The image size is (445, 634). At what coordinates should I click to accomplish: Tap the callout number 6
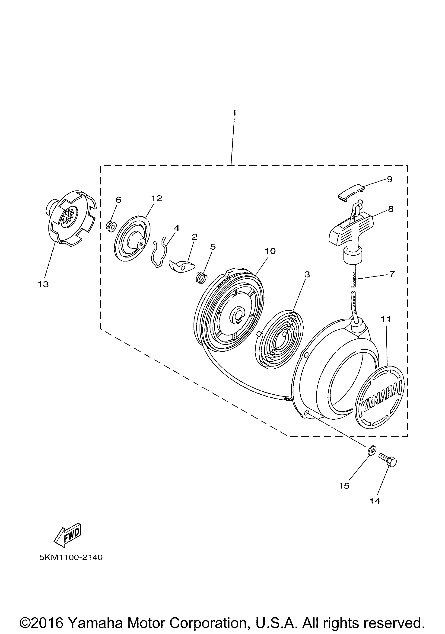click(x=118, y=200)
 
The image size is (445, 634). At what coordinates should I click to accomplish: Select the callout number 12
click(x=156, y=198)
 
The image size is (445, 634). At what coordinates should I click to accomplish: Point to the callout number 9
click(x=390, y=179)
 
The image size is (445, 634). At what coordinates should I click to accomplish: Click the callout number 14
click(x=374, y=501)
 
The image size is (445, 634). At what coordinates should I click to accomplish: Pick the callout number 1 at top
click(x=234, y=113)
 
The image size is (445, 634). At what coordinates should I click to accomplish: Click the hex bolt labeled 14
click(x=388, y=461)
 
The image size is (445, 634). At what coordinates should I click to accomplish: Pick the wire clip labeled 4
click(x=159, y=252)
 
